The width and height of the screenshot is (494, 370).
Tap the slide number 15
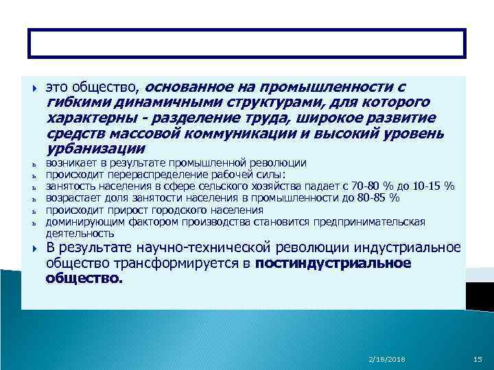tap(478, 359)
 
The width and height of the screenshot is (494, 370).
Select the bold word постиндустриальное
tap(333, 264)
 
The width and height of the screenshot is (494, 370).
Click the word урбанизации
tap(95, 148)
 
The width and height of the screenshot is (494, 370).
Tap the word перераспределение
tap(138, 175)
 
